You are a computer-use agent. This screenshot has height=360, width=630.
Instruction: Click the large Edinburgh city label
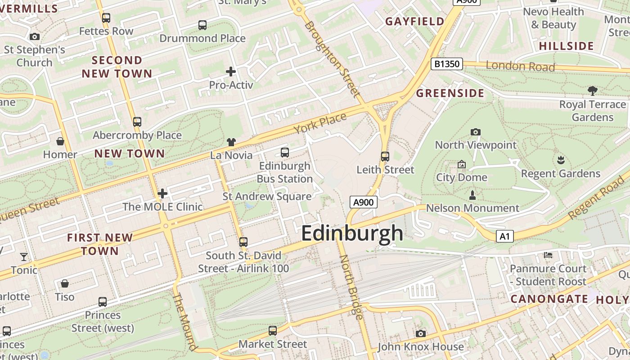tap(352, 233)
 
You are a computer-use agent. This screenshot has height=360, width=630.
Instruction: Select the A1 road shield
tap(505, 236)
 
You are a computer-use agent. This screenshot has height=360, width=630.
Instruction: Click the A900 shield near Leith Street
tap(363, 202)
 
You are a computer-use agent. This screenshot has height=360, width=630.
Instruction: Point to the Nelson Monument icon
tap(472, 195)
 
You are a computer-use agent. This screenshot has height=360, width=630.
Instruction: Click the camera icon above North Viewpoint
tap(476, 132)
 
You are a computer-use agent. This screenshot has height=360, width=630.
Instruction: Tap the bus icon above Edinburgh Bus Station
tap(284, 153)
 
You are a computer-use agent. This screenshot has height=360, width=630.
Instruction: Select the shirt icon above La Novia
tap(231, 142)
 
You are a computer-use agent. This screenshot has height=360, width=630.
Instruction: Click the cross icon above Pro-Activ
tap(231, 72)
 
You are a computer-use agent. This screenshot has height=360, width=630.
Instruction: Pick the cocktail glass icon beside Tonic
tap(24, 257)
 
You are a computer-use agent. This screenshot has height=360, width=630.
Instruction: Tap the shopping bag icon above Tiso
tap(65, 283)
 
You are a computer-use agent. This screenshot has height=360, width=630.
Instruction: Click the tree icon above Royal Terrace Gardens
tap(593, 91)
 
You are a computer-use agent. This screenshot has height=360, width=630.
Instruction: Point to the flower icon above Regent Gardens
tap(561, 160)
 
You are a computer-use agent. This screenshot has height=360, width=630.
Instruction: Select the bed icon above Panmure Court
tap(548, 255)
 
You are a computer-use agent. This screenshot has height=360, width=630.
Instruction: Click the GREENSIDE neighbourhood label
tap(450, 94)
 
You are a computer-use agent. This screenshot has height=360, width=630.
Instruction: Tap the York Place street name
tap(320, 123)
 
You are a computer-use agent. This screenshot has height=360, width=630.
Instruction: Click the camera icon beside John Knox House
tap(421, 333)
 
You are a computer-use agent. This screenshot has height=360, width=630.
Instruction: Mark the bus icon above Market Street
tap(273, 331)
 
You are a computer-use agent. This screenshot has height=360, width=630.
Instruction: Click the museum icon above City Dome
tap(461, 165)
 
